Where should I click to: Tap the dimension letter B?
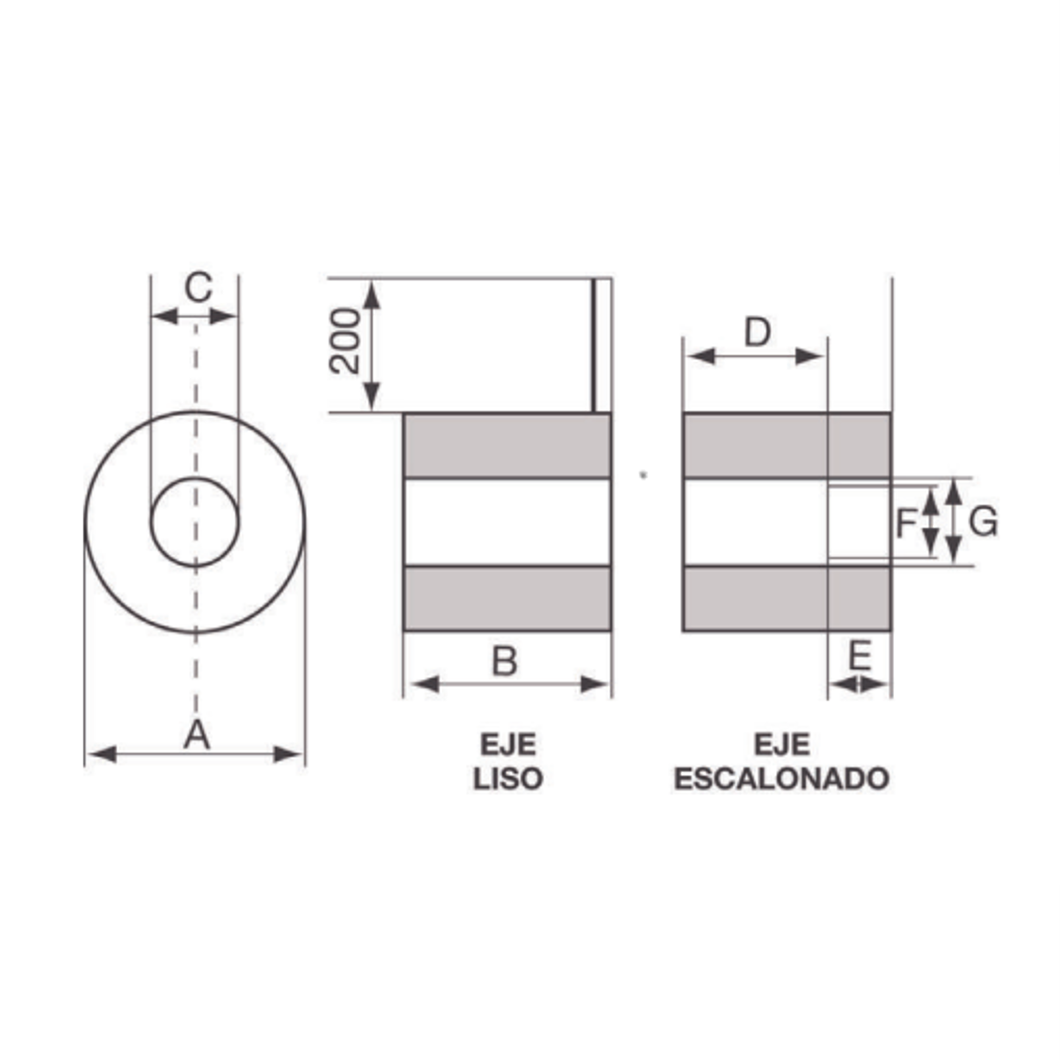tap(505, 662)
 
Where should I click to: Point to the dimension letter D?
tap(757, 333)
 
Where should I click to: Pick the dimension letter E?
tap(860, 656)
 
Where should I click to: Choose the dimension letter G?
tap(983, 522)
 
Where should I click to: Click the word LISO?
tap(508, 778)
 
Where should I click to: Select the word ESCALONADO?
tap(782, 778)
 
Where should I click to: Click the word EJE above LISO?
tap(508, 745)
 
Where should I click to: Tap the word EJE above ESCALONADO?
tap(782, 745)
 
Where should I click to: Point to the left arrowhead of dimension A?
tap(102, 754)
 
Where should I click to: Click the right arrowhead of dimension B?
tap(595, 684)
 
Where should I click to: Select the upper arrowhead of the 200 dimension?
tap(373, 294)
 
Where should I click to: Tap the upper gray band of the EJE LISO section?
tap(507, 445)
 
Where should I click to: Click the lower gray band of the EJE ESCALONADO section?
tap(787, 599)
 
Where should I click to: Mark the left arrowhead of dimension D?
tap(701, 357)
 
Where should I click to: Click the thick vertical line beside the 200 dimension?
tap(593, 346)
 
